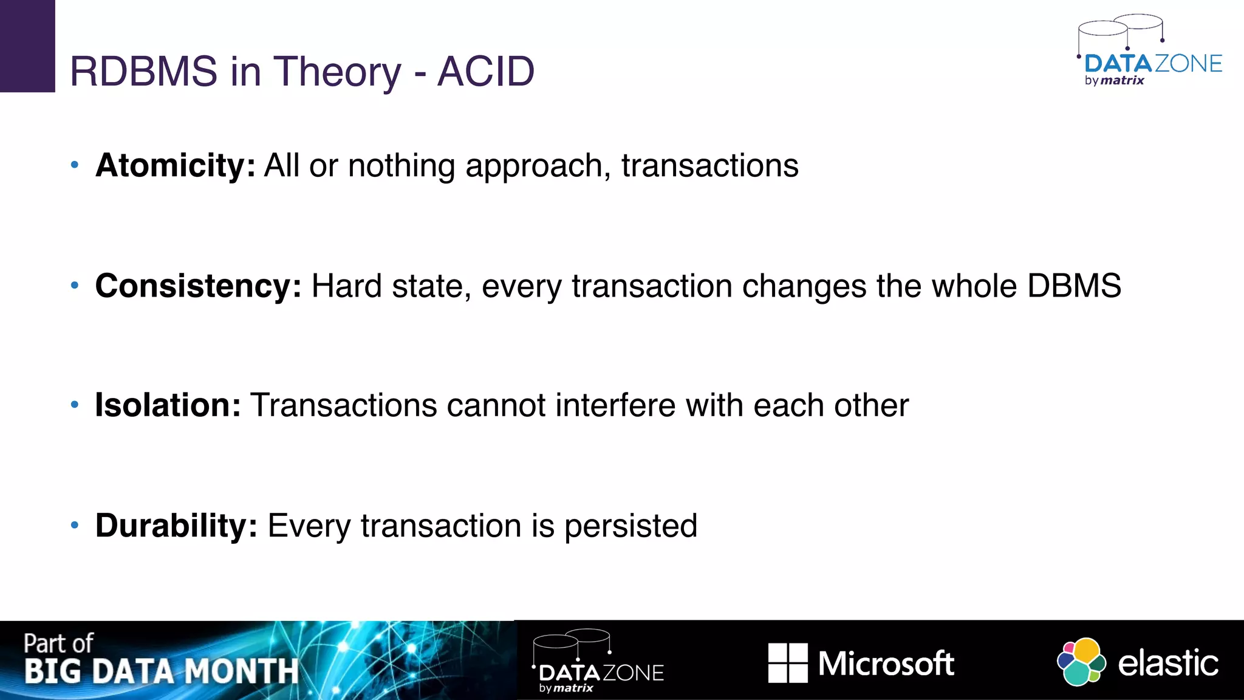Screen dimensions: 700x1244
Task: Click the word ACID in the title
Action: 486,72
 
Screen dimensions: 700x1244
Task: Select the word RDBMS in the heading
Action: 143,72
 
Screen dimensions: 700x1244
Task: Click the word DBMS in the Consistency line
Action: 1074,286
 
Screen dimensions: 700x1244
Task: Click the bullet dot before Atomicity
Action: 75,165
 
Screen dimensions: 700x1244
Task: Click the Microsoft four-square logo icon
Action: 788,662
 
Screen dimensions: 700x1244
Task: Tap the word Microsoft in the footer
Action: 886,663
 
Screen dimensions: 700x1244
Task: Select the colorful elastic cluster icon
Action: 1081,662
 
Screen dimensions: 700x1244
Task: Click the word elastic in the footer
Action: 1167,663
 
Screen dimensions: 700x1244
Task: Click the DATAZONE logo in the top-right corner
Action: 1150,53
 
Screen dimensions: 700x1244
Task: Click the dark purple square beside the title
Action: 27,46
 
